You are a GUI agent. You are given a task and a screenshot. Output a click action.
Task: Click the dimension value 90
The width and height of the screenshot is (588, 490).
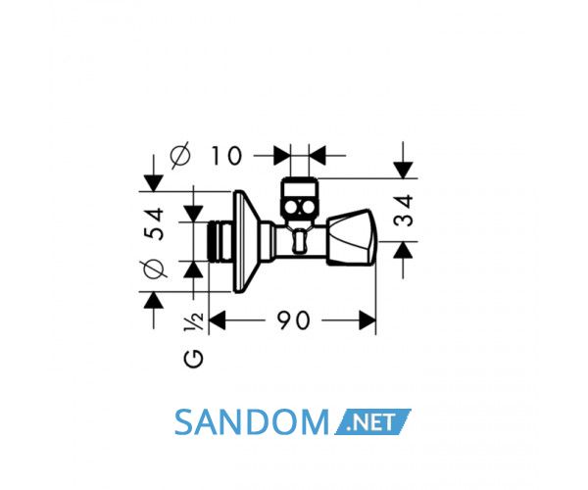click(294, 320)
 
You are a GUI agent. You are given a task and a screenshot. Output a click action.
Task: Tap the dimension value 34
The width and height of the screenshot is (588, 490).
click(404, 211)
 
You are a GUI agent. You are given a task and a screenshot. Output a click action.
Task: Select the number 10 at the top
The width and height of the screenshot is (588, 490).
click(226, 156)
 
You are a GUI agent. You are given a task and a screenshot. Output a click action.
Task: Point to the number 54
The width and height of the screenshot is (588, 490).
click(154, 223)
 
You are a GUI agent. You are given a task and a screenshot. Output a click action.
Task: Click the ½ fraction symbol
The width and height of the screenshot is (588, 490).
click(193, 321)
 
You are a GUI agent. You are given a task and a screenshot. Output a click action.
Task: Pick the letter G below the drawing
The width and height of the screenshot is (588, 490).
click(193, 359)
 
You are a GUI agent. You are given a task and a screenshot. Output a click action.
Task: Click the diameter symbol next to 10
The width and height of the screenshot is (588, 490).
click(180, 156)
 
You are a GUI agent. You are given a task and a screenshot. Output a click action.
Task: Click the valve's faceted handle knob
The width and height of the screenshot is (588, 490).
click(353, 238)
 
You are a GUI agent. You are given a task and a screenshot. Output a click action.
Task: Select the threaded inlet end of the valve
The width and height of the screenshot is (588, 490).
click(220, 241)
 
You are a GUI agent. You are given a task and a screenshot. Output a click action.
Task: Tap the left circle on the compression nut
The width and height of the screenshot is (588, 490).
click(291, 208)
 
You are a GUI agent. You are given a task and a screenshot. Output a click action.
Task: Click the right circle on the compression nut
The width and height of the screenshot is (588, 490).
click(308, 208)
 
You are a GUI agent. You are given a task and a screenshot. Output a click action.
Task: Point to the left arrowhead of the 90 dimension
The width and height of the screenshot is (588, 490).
click(218, 320)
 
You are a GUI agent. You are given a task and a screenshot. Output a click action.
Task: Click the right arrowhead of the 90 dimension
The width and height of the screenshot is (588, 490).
click(367, 320)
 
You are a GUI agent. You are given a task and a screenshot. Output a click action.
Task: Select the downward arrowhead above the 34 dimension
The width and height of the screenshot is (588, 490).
click(403, 171)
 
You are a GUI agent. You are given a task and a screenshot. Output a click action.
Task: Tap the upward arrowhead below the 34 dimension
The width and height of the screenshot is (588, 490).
click(403, 250)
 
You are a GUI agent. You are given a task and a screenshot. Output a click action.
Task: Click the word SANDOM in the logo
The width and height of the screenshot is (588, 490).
click(252, 422)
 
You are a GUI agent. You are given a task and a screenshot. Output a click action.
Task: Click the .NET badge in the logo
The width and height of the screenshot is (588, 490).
click(372, 422)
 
